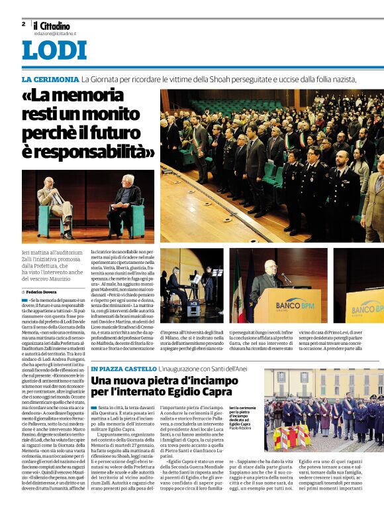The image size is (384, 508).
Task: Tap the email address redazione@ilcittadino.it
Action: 56,32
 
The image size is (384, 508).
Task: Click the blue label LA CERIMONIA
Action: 50,80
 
